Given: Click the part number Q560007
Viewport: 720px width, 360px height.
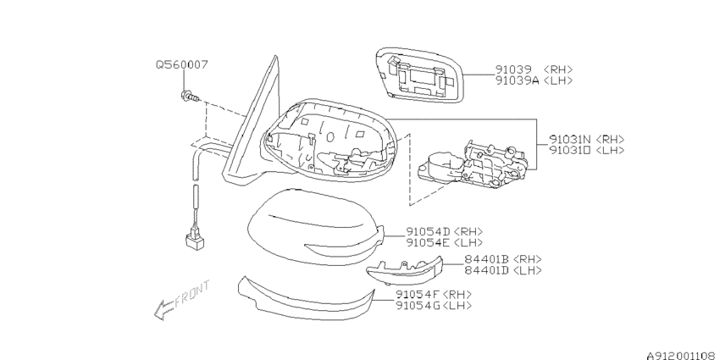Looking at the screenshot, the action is point(182,64).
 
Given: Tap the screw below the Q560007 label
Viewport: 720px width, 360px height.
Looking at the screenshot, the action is point(190,97).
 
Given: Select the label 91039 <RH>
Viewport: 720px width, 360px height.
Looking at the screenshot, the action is point(534,69).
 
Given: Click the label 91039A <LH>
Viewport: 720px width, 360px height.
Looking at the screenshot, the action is point(534,80).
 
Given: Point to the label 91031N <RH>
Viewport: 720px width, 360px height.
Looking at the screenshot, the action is point(587,140).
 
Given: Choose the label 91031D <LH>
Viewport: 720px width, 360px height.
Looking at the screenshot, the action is point(587,151).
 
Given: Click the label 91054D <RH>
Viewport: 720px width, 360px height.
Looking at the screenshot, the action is point(444,232).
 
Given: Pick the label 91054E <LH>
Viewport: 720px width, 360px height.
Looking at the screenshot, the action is point(444,242).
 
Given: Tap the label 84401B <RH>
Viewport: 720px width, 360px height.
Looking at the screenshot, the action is point(503,259).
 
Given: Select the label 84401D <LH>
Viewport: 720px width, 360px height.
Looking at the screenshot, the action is point(503,270).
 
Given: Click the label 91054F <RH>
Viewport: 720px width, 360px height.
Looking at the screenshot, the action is point(434,294).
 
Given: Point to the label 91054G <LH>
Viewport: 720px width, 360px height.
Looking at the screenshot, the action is point(434,305).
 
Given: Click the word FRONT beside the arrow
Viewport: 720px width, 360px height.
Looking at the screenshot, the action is point(192,292).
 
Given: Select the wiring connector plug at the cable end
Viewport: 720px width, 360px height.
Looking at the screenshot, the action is point(195,240).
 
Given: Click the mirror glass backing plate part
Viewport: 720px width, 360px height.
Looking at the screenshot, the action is point(419,75).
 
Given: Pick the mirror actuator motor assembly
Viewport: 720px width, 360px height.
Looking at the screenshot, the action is point(473,164).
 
